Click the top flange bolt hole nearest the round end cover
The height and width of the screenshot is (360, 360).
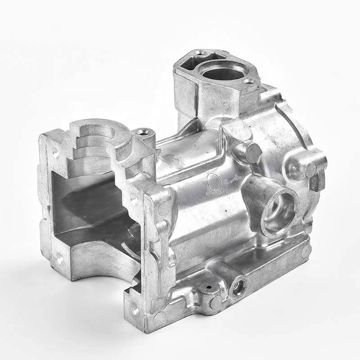248,81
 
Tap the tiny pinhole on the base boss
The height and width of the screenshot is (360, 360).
208,286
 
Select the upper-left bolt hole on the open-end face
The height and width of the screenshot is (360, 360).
55,152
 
